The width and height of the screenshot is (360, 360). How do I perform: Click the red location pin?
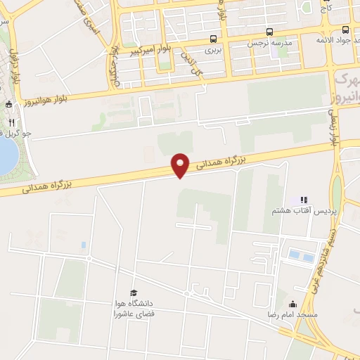click(x=181, y=165)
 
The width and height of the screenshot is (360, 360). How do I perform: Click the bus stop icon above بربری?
click(x=213, y=39)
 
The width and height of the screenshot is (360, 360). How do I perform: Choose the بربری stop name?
click(x=213, y=51)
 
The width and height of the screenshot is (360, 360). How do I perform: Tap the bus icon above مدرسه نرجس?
click(x=269, y=32)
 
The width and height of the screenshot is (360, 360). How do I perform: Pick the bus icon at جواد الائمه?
click(x=345, y=30)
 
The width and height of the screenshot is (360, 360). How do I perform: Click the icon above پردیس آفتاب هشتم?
click(x=304, y=200)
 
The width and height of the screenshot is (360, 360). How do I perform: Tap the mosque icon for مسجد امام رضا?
click(x=292, y=304)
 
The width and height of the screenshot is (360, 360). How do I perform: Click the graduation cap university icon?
click(x=132, y=292)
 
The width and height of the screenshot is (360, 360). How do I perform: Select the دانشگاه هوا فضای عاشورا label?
click(x=132, y=309)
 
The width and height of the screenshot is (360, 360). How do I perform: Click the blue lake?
click(x=6, y=155)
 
